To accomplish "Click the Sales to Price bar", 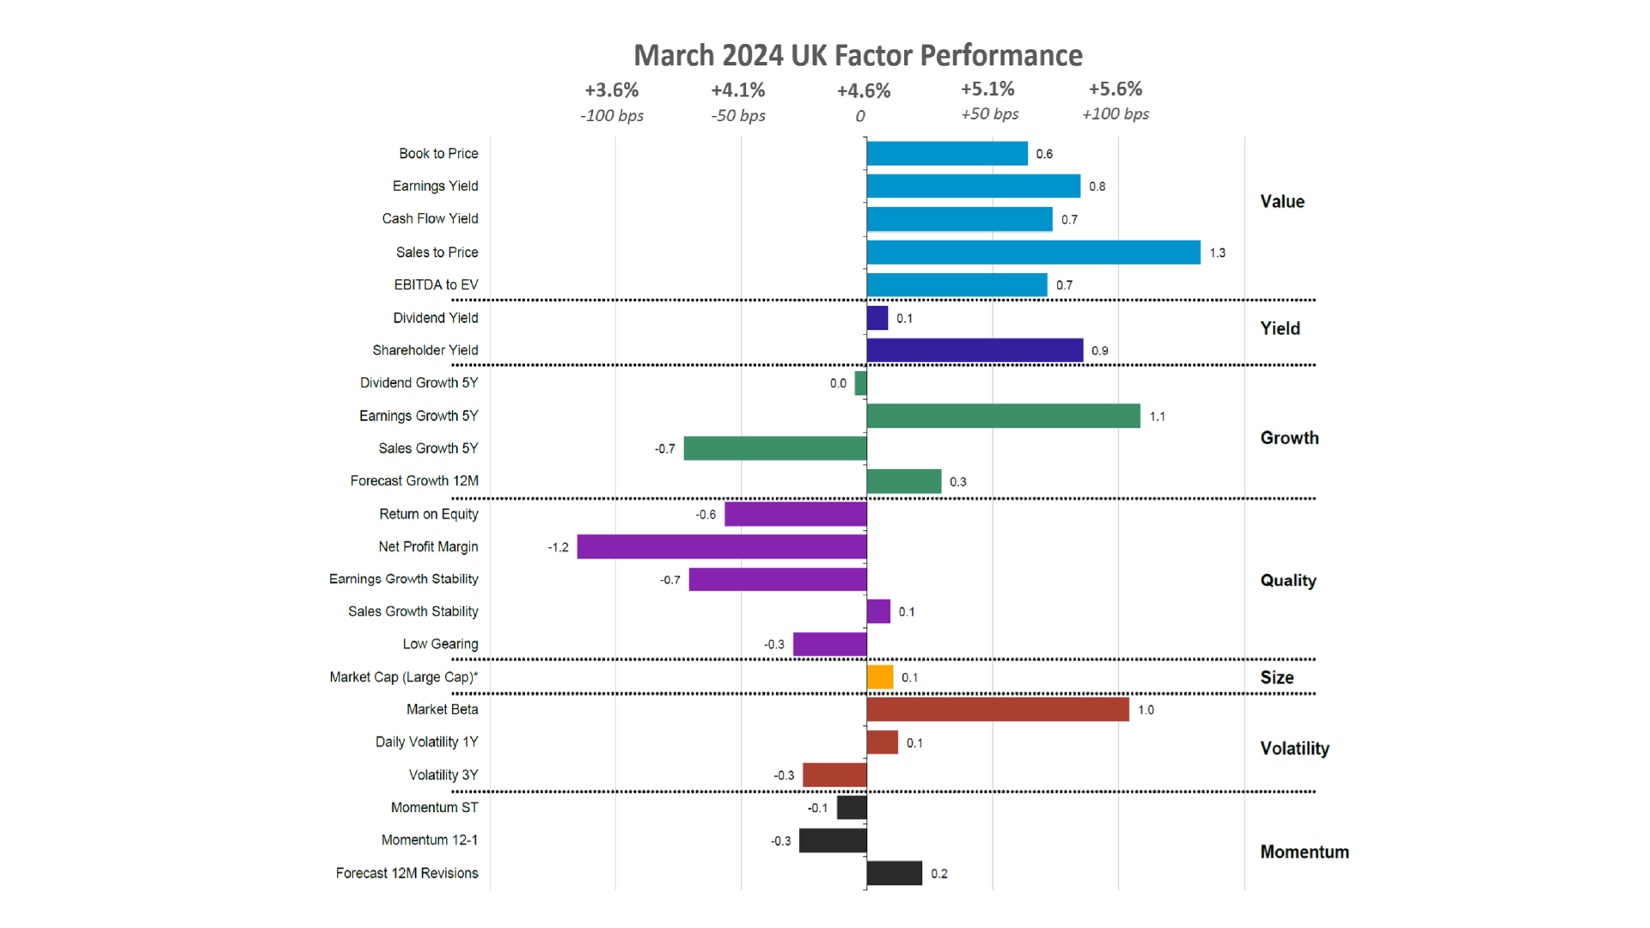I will tap(1033, 252).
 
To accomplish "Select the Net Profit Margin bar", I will tap(722, 546).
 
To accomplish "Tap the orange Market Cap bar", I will tap(880, 677).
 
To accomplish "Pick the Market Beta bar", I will tap(998, 709).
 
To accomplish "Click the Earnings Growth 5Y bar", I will tap(1003, 416).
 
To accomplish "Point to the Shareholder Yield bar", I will tap(975, 350).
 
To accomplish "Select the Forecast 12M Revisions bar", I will tap(894, 873).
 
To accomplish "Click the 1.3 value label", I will tap(1217, 253).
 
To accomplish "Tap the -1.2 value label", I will tap(558, 547).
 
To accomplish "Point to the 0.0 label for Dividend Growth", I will tap(838, 383).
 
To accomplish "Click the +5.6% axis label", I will tap(1115, 89).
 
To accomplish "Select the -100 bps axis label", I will tap(612, 115).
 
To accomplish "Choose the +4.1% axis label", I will tap(737, 90).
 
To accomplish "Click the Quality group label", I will tap(1287, 580).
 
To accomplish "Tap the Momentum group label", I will tap(1304, 852).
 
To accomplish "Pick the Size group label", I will tap(1276, 677).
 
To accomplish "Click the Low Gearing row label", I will tap(440, 644).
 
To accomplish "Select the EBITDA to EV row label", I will tap(436, 284).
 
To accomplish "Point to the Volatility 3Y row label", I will tap(443, 774).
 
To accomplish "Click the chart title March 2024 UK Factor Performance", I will tap(858, 55).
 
